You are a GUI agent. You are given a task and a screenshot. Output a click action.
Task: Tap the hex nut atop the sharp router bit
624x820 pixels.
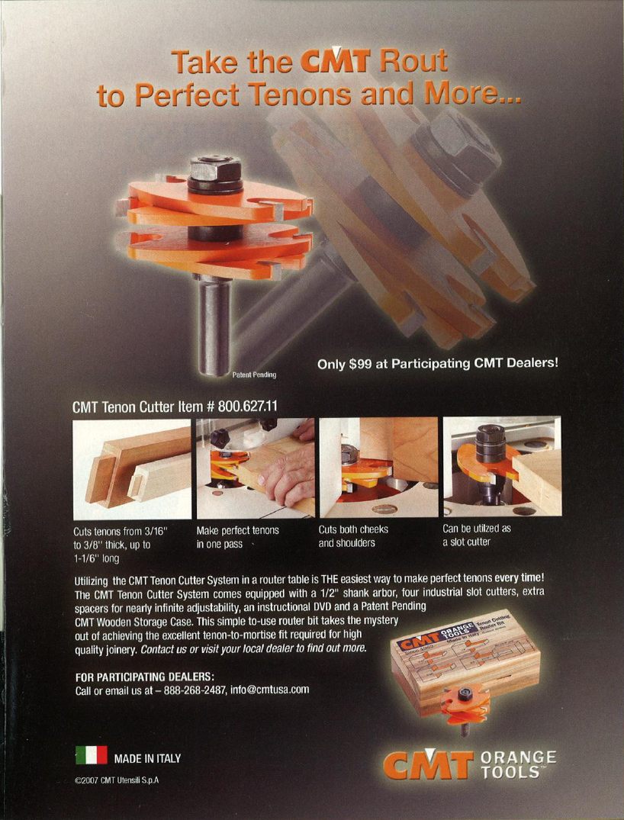(215, 169)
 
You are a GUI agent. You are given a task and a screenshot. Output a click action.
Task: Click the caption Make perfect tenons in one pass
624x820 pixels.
(237, 537)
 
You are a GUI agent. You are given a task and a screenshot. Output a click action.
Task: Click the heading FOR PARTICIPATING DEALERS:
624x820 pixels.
(143, 677)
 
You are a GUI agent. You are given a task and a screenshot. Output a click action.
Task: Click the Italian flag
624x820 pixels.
(92, 757)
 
